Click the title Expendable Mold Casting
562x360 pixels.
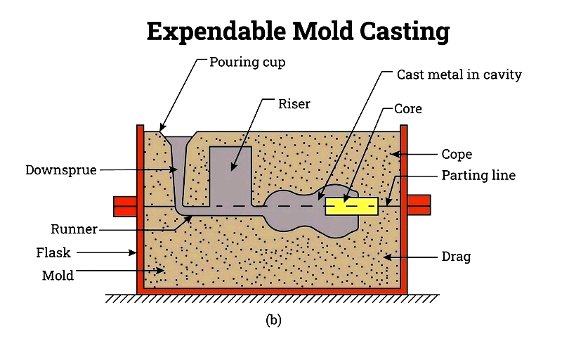point(298,32)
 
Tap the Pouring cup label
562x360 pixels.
point(247,62)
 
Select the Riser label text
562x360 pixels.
point(294,105)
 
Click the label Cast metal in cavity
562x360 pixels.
point(459,74)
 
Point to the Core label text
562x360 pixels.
point(407,110)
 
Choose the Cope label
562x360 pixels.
point(457,154)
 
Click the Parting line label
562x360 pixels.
point(478,175)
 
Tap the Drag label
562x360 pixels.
point(456,257)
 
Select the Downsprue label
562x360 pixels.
point(60,169)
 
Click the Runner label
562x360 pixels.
point(74,229)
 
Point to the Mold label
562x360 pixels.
point(58,276)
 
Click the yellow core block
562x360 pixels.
point(351,205)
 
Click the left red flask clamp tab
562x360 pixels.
point(124,205)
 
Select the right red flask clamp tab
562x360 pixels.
point(419,205)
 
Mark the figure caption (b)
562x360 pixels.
point(273,320)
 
